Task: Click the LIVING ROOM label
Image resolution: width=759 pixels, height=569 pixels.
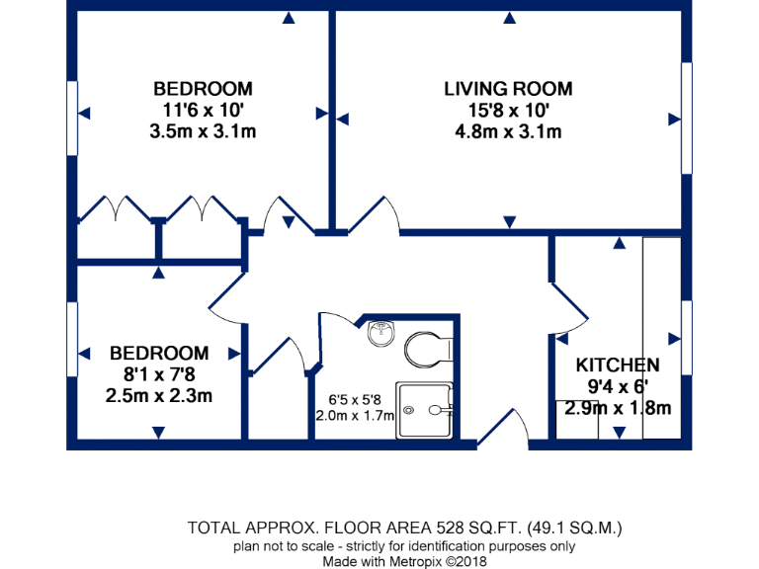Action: pos(508,89)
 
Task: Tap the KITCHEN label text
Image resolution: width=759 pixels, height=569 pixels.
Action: pos(618,365)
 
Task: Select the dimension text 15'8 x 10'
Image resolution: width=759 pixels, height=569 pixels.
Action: pos(508,111)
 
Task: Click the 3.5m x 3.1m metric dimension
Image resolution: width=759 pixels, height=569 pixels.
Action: pos(203,131)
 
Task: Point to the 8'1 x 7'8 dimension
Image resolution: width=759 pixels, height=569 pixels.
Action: pos(159,374)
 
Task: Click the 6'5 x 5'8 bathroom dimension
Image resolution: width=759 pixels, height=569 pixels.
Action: pos(353,400)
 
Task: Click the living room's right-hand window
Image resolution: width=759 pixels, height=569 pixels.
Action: pos(685,119)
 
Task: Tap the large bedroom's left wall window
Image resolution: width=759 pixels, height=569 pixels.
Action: pos(72,117)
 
